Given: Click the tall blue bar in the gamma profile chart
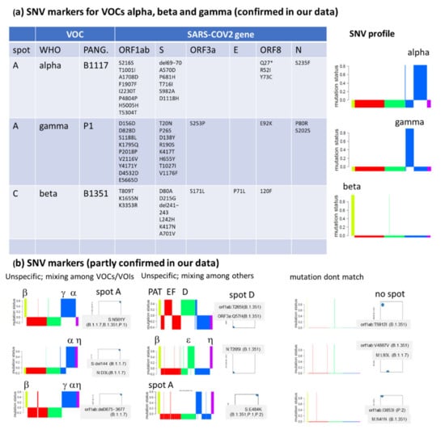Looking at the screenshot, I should tap(417, 146).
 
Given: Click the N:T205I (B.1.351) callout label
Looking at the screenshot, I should tap(246, 349).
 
